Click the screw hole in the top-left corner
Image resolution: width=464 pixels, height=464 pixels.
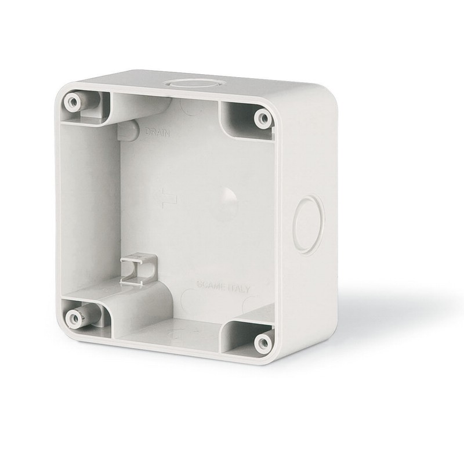tap(72, 102)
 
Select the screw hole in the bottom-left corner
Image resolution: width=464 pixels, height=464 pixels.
tap(74, 317)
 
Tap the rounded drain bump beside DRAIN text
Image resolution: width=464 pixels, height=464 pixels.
tap(129, 130)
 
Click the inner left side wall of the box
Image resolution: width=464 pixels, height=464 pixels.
tap(93, 203)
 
